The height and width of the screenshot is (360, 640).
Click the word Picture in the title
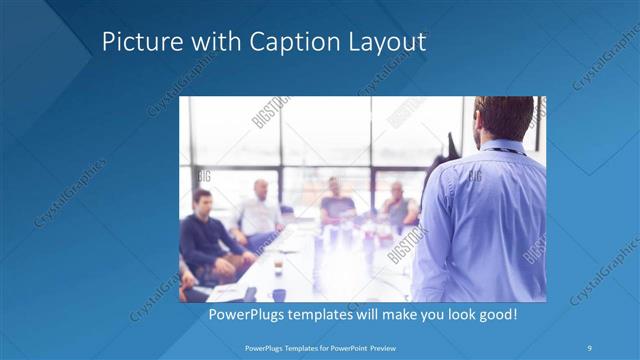point(137,43)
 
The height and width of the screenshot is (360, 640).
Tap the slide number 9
point(590,348)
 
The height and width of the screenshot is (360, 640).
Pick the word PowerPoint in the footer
point(345,348)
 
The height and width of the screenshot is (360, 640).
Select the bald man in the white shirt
point(260,210)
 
